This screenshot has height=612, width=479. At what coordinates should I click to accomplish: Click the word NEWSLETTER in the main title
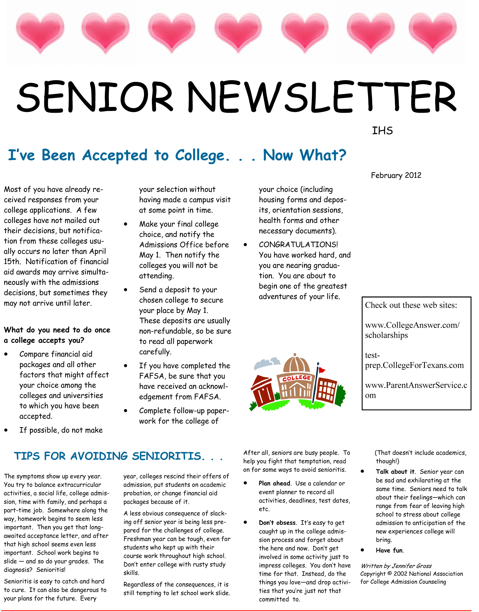click(x=322, y=97)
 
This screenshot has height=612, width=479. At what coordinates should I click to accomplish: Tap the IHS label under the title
click(x=382, y=131)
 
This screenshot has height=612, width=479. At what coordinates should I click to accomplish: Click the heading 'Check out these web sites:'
click(x=411, y=305)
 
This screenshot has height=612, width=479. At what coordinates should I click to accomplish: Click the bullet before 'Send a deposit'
click(x=126, y=290)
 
